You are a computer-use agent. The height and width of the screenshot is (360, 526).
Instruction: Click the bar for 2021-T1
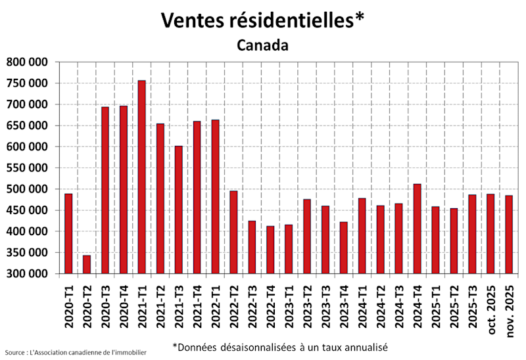[x=141, y=177]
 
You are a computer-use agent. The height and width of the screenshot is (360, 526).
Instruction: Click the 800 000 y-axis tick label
[x=27, y=62]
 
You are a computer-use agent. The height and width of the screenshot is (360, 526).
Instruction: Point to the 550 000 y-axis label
[x=27, y=168]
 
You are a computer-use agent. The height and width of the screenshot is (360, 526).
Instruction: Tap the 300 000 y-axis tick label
[x=27, y=274]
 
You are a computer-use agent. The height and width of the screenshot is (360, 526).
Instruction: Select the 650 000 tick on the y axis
[x=27, y=125]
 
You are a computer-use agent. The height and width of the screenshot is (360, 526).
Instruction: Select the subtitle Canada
[x=262, y=46]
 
